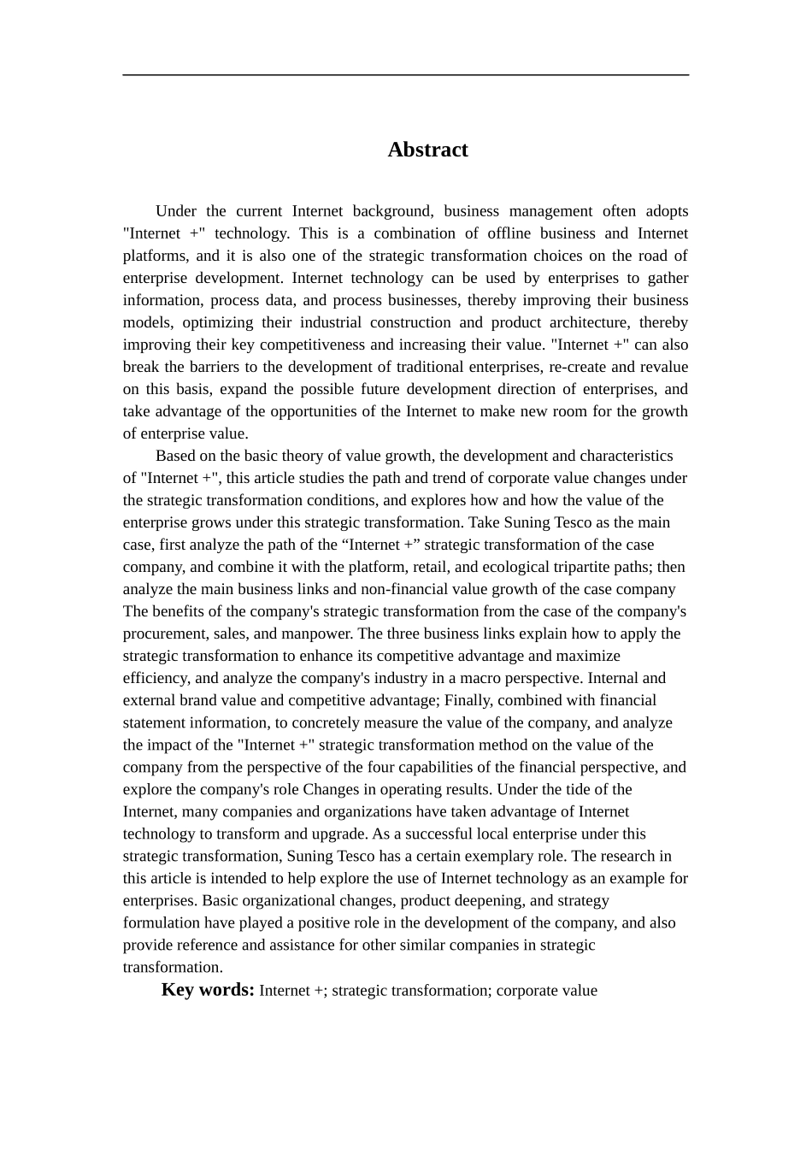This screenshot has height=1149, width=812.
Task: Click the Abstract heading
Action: coord(427,150)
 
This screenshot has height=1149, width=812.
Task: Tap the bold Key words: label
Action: coord(208,990)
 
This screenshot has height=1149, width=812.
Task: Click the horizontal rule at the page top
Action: coord(405,75)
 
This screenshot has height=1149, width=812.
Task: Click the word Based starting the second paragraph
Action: coord(175,456)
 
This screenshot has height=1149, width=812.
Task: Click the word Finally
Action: coord(467,700)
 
